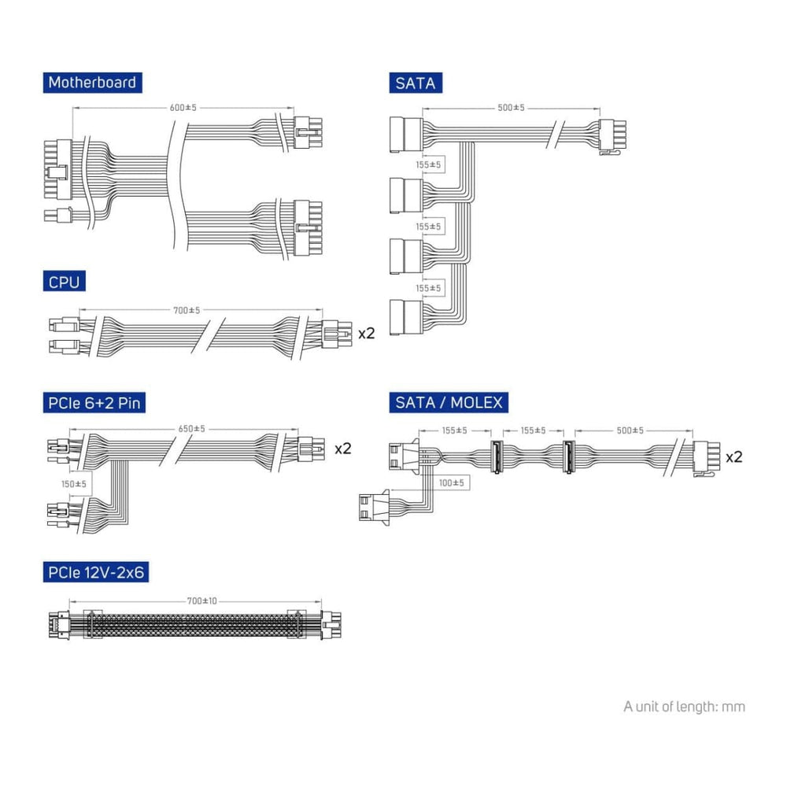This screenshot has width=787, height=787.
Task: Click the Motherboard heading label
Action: (x=92, y=83)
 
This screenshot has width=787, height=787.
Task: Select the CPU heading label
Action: (x=64, y=281)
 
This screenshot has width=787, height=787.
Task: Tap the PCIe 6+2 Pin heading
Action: (x=94, y=404)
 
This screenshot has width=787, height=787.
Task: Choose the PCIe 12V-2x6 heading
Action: (x=95, y=572)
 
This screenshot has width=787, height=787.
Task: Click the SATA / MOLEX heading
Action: (x=449, y=404)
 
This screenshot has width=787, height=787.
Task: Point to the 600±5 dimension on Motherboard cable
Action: (x=183, y=108)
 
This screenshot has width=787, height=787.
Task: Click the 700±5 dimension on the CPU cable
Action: (x=187, y=310)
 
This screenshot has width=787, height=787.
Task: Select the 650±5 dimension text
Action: (x=191, y=429)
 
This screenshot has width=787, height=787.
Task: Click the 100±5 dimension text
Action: (x=451, y=482)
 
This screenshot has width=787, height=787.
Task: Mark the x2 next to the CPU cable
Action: (x=367, y=333)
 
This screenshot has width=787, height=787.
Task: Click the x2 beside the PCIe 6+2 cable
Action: (x=343, y=449)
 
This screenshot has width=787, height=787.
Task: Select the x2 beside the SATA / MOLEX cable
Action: (x=734, y=456)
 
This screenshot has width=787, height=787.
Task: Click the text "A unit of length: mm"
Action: (x=684, y=706)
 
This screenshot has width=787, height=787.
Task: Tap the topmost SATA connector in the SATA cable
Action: (x=406, y=134)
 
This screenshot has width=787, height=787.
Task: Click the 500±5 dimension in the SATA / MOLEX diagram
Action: (x=630, y=430)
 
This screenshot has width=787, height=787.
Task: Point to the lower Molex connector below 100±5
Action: (x=371, y=508)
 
